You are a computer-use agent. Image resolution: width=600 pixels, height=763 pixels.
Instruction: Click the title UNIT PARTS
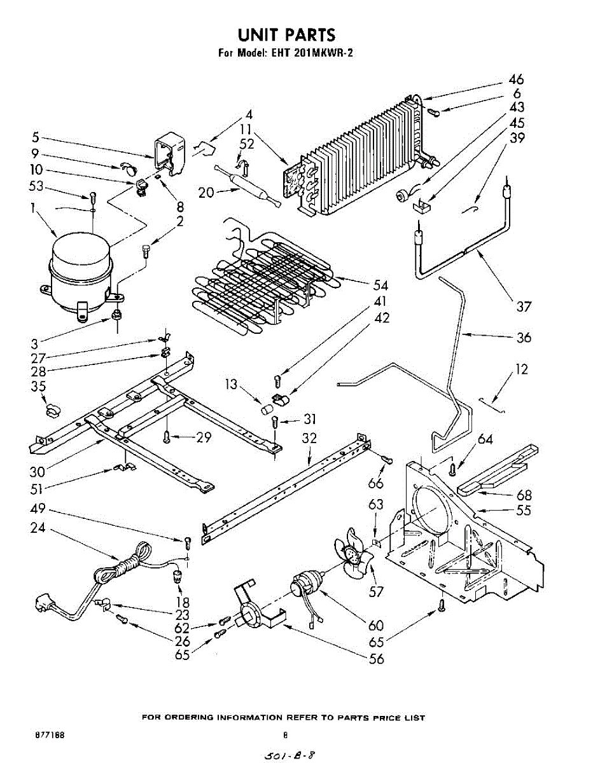[x=286, y=34]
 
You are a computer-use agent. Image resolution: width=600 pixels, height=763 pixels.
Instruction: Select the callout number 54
[x=380, y=285]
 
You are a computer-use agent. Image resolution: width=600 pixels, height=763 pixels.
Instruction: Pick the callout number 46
[x=515, y=80]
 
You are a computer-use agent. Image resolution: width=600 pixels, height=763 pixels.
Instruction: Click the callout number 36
[x=523, y=337]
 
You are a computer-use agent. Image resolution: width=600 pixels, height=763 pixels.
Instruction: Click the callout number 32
[x=309, y=438]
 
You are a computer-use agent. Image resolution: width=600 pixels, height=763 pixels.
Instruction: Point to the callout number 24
[x=37, y=526]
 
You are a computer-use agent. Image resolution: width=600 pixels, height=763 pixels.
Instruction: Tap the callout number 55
[x=523, y=510]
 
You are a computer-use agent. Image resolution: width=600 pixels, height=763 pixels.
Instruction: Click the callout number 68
[x=523, y=495]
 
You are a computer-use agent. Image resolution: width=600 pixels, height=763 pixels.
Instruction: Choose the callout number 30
[x=37, y=472]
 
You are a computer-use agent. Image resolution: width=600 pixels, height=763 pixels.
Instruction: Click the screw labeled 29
[x=167, y=436]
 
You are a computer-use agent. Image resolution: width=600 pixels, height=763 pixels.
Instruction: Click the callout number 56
[x=377, y=659]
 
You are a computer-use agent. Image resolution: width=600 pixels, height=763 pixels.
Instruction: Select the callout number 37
[x=523, y=307]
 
